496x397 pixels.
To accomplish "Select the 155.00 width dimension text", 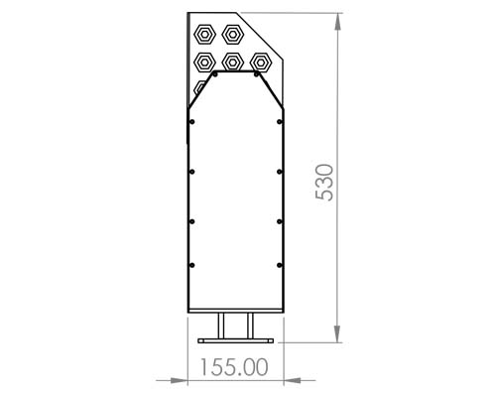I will point(235,366).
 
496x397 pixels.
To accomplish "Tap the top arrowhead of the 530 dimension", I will point(339,18).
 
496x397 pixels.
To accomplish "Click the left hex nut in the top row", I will point(206,33).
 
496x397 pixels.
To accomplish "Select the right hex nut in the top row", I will point(234,33).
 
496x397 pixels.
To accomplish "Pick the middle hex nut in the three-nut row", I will point(233,62).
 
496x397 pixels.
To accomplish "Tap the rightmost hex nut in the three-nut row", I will point(260,62).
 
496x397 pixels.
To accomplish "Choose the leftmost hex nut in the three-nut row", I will point(206,62).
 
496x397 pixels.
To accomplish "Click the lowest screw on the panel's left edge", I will point(191,264).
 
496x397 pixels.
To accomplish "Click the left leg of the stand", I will point(223,325).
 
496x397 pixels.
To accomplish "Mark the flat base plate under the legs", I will point(236,339).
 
